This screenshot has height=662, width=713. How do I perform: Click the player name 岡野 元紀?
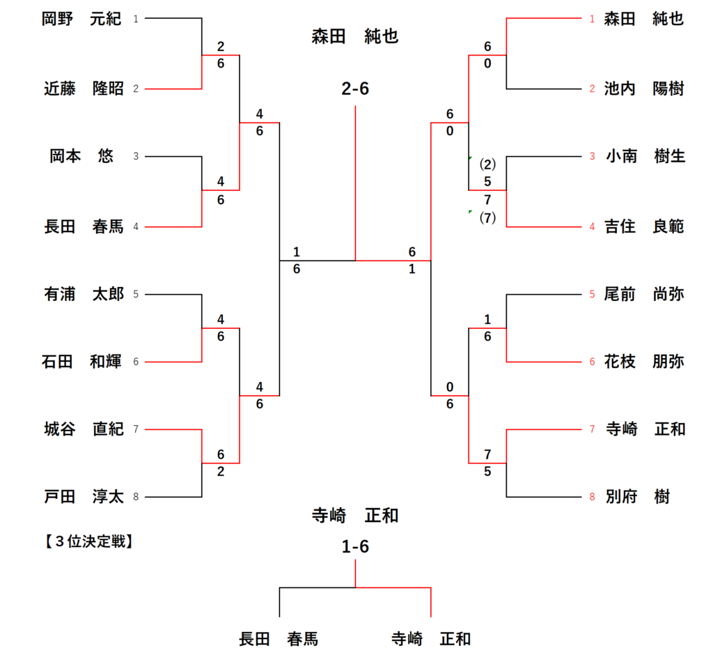[81, 19]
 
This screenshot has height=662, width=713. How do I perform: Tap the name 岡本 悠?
[81, 156]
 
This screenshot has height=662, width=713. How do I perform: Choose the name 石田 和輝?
[81, 362]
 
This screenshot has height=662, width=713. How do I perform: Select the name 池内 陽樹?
[644, 88]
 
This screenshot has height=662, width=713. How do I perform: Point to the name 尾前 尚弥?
[644, 294]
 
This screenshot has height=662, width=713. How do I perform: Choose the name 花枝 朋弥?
[644, 362]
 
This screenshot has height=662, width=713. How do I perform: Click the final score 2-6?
[355, 89]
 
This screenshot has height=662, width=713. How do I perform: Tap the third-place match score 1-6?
[355, 547]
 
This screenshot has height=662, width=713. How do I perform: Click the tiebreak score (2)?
[487, 165]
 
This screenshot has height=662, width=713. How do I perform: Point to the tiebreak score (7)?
[487, 217]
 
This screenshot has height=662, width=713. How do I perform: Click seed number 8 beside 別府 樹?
[592, 498]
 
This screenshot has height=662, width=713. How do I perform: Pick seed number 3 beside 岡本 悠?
[136, 157]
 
